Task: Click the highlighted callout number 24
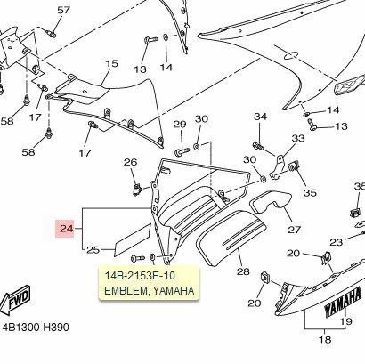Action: [67, 229]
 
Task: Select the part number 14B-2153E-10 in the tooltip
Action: [140, 276]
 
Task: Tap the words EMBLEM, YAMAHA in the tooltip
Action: [150, 291]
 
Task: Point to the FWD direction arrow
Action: [15, 300]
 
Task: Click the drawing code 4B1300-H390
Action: [36, 328]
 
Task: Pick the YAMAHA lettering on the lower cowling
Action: [343, 302]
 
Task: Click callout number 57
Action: [63, 11]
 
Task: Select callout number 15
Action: [111, 63]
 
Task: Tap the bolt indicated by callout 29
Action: [182, 151]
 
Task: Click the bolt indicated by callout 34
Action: [258, 146]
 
